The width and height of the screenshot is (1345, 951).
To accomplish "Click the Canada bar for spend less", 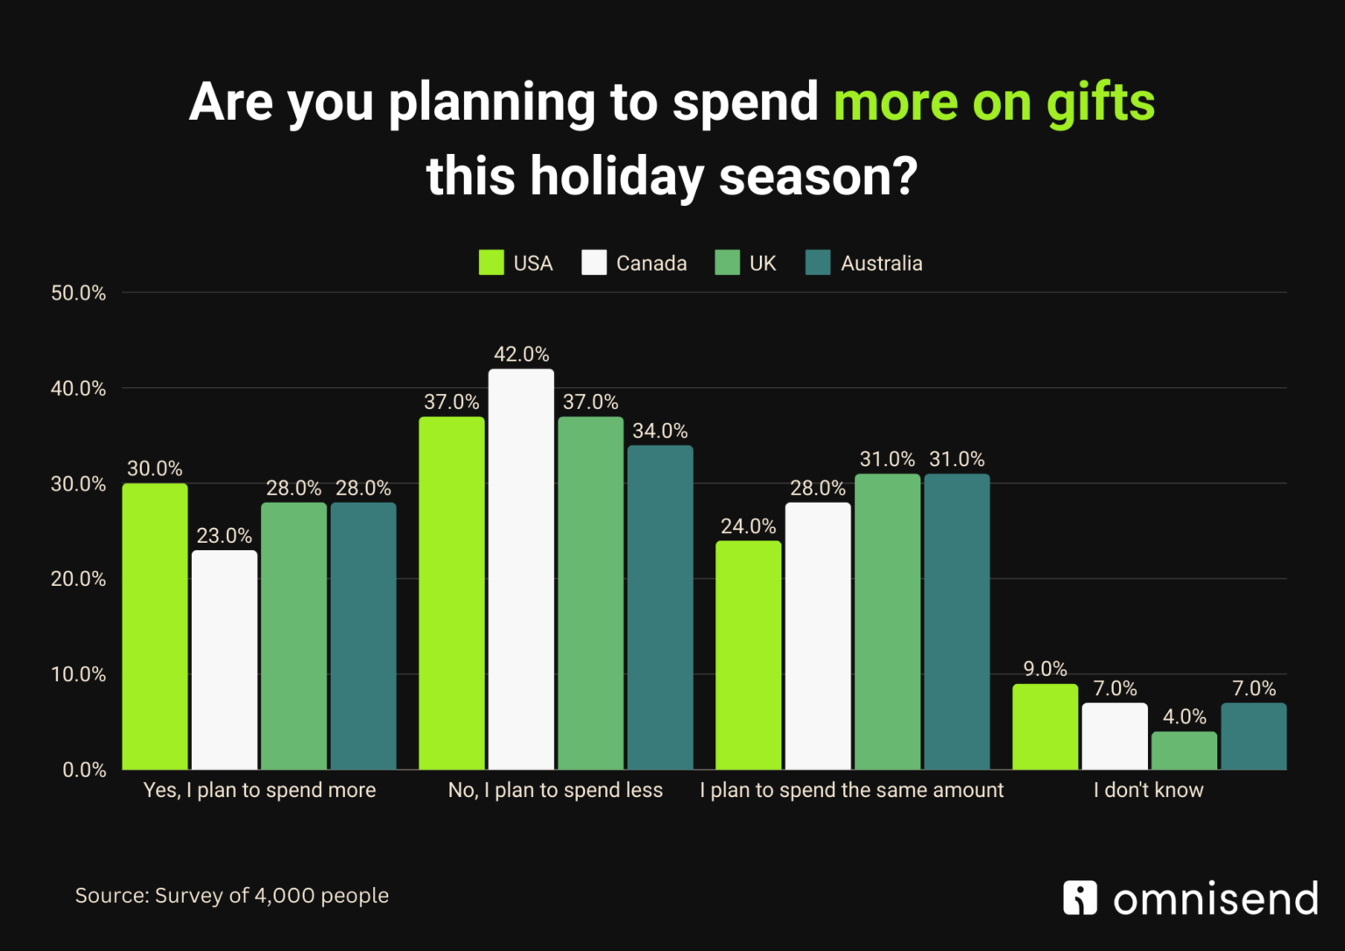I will click(521, 569).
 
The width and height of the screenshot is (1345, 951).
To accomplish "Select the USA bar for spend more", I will click(155, 626).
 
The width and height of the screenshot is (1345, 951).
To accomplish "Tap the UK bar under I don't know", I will click(1184, 750).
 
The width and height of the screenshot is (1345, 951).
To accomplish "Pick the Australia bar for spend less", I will click(659, 607).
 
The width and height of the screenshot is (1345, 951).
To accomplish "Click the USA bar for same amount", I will click(749, 655).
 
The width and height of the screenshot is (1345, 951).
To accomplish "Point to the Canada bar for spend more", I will click(224, 659).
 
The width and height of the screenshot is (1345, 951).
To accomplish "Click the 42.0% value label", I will click(521, 355).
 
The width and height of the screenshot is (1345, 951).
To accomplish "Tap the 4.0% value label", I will click(1184, 717).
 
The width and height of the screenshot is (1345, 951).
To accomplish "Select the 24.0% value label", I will click(749, 526).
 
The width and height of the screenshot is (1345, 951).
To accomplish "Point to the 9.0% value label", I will click(1046, 669).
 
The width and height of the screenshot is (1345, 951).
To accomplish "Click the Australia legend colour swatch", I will click(817, 263).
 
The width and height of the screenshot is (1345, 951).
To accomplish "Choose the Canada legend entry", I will click(635, 264).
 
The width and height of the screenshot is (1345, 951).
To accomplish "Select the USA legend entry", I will click(516, 264).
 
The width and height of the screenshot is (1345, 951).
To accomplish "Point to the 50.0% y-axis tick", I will click(78, 293).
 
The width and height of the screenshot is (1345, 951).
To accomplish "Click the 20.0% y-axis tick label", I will click(78, 579).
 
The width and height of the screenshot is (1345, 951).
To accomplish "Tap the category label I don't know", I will click(1148, 790).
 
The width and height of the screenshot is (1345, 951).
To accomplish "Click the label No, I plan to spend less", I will click(555, 790).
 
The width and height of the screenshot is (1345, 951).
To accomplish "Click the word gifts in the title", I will click(1101, 102).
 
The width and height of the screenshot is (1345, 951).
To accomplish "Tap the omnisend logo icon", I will click(1080, 898).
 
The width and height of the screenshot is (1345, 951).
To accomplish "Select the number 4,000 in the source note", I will click(285, 896).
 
